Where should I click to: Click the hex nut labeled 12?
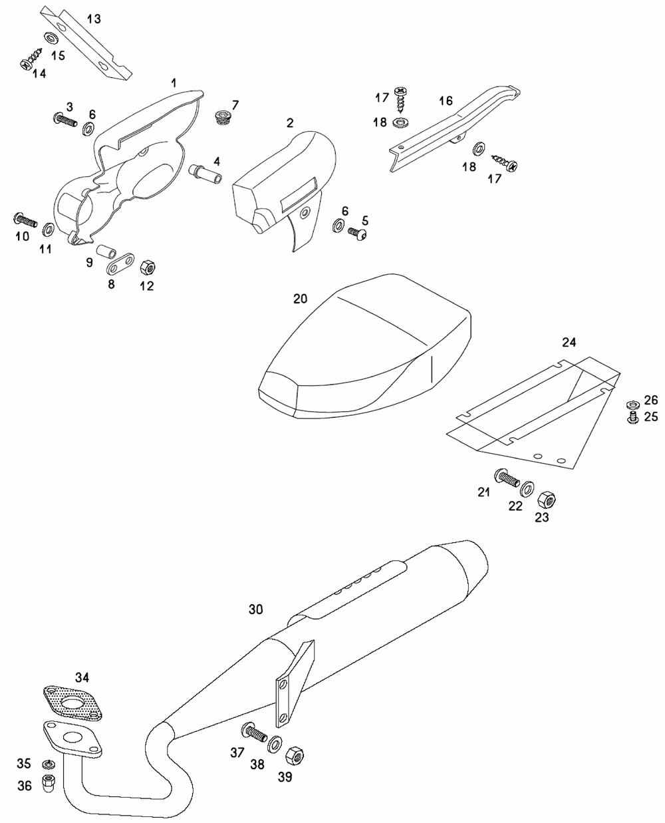tap(148, 267)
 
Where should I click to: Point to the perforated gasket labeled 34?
tap(73, 703)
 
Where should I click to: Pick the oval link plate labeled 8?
tap(120, 263)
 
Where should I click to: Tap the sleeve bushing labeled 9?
tap(106, 251)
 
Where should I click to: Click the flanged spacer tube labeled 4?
tap(205, 174)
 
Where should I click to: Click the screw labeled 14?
tap(31, 59)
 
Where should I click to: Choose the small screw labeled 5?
tap(357, 233)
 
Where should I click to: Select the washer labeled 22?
tap(527, 489)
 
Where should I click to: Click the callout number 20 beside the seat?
tap(300, 299)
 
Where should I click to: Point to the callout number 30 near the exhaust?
tap(255, 609)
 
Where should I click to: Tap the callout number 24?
tap(569, 343)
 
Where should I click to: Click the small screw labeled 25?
tap(632, 418)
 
